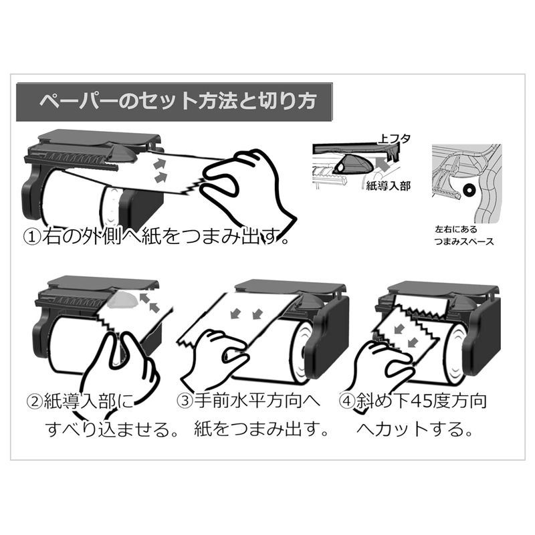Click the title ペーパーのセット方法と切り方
click(x=178, y=102)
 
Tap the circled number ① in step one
click(x=31, y=237)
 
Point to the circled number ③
click(x=185, y=401)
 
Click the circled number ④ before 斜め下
click(x=347, y=401)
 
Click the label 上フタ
click(x=394, y=138)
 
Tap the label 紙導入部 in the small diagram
click(x=388, y=186)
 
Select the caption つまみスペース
click(x=464, y=241)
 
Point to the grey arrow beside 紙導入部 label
click(x=386, y=165)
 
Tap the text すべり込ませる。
click(x=112, y=429)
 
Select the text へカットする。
click(x=415, y=429)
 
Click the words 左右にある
click(x=456, y=229)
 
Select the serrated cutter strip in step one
click(x=72, y=160)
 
